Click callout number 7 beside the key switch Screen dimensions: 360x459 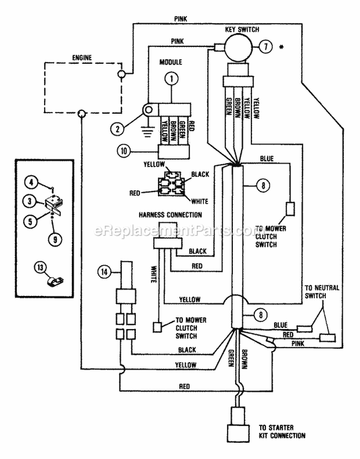pos(265,47)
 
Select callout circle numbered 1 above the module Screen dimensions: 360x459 pos(172,78)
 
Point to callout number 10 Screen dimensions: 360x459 pos(124,152)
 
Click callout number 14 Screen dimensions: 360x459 pos(104,272)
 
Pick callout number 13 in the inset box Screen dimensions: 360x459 pos(40,268)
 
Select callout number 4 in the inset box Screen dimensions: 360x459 pos(31,182)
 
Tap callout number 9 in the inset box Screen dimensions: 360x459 pos(55,240)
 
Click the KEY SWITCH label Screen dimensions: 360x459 pos(242,30)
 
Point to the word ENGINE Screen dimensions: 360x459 pos(82,58)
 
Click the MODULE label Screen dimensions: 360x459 pos(170,62)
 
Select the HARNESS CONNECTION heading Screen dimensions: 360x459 pos(170,215)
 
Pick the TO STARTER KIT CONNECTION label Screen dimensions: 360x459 pos(282,432)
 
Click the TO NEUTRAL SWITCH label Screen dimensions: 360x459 pos(322,292)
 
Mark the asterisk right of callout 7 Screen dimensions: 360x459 pos(282,47)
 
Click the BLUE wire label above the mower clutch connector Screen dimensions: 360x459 pos(267,159)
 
